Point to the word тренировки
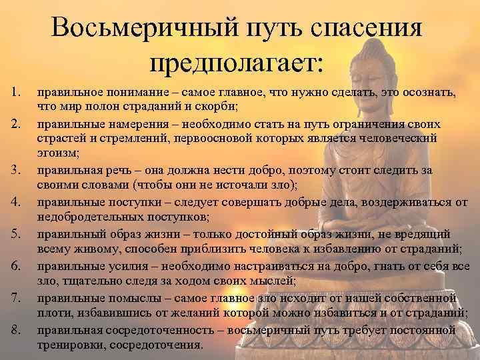click(x=70, y=345)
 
